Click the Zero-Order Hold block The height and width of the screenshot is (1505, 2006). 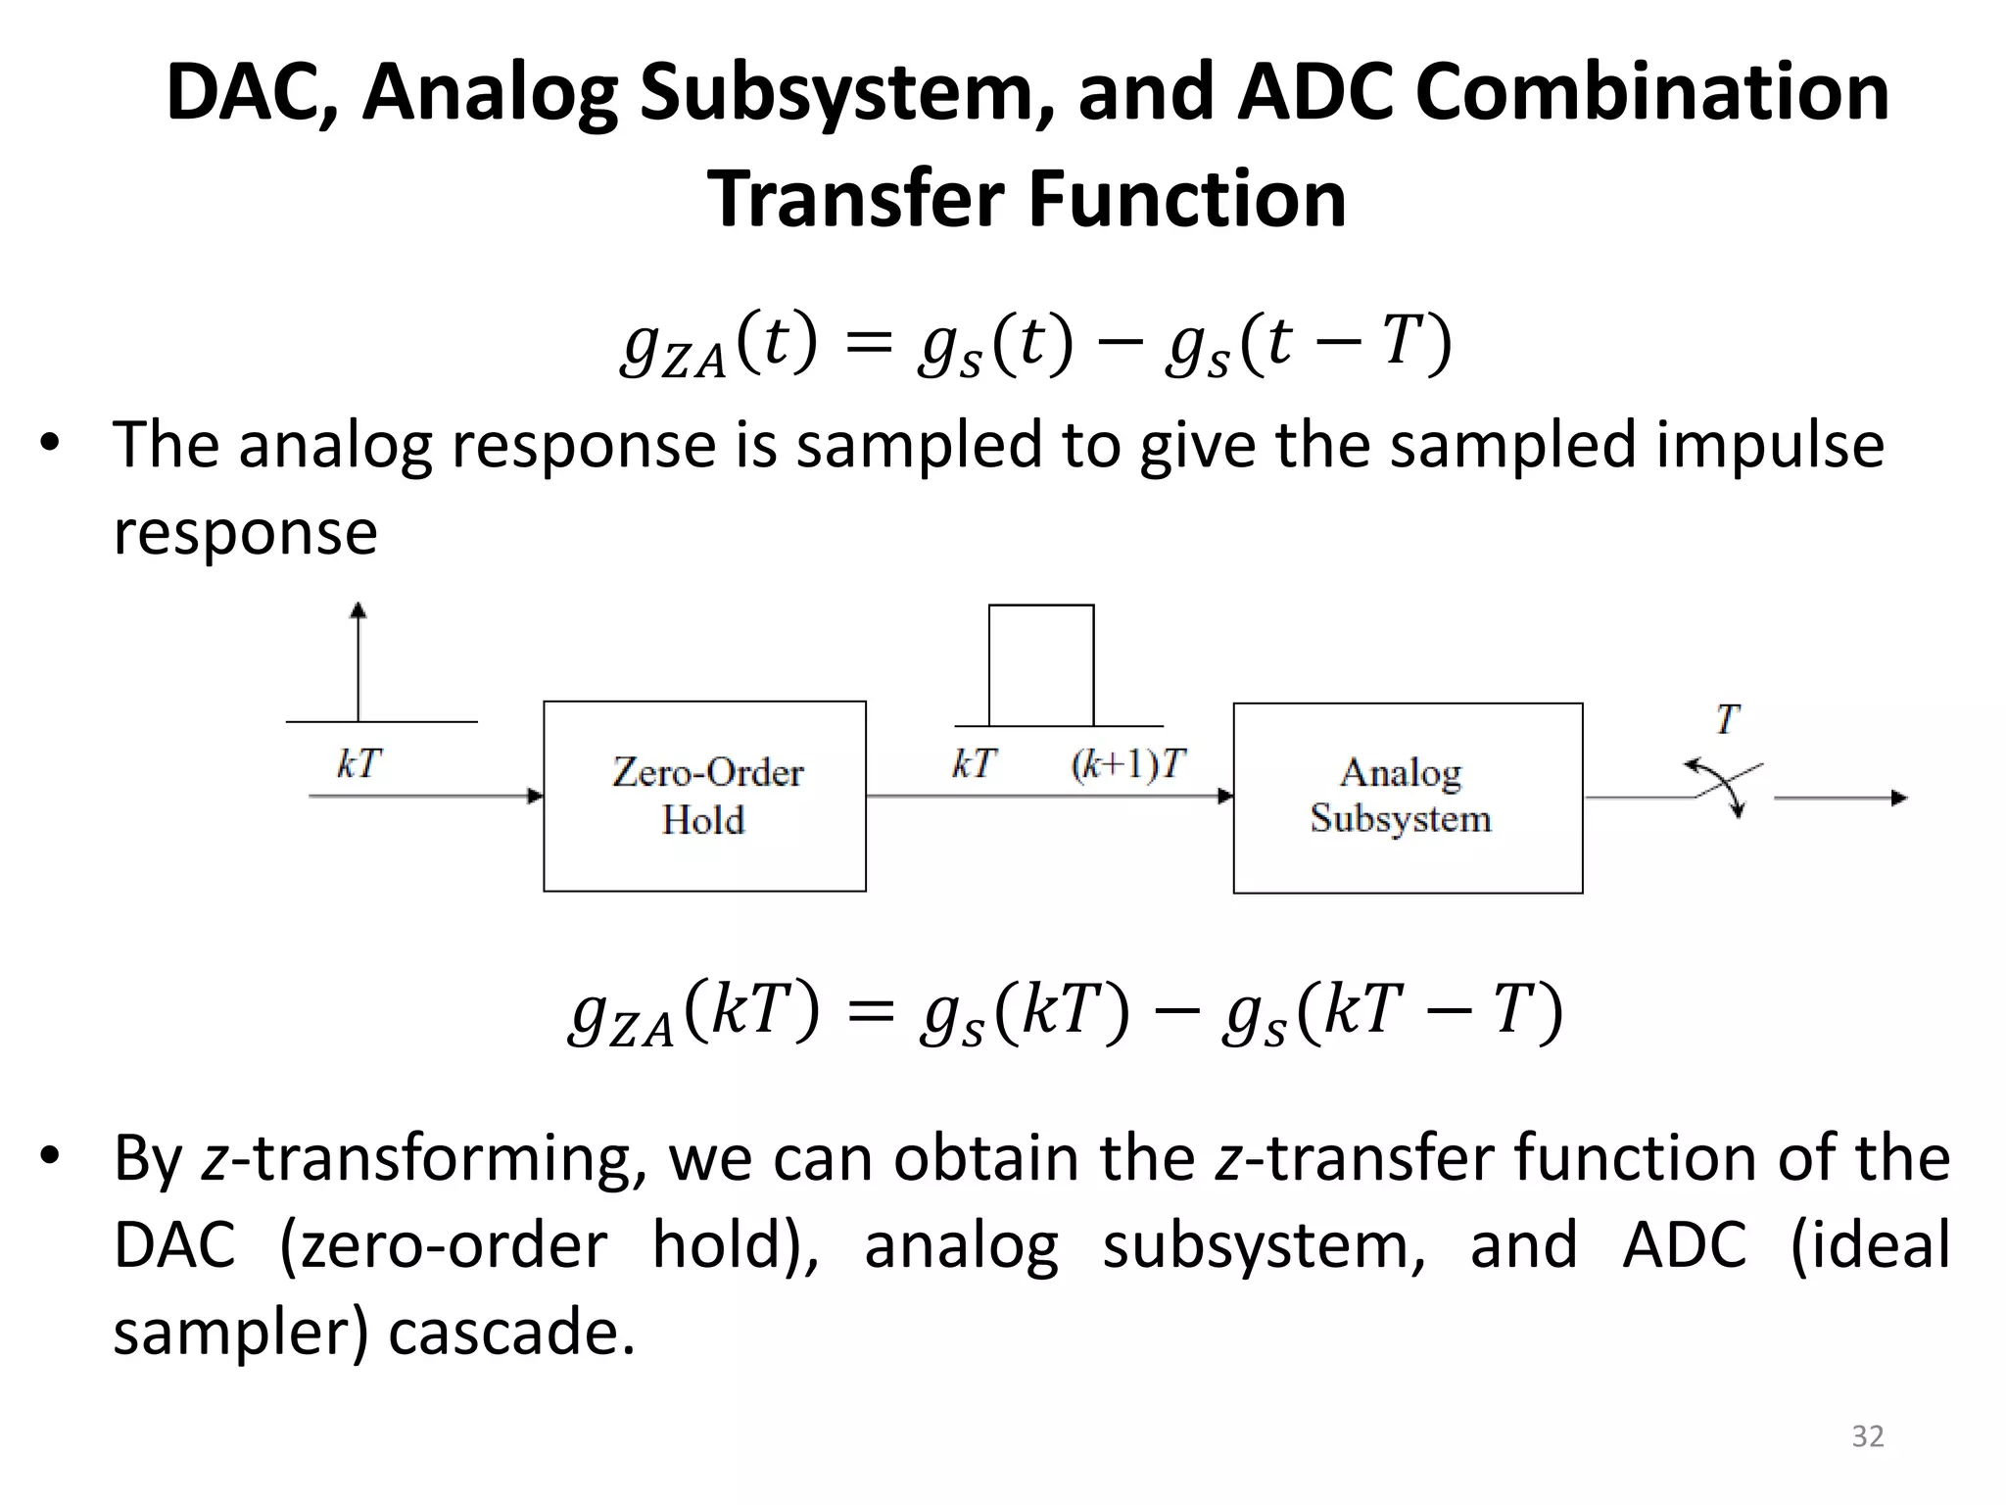tap(704, 796)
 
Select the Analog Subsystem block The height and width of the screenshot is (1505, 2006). tap(1407, 798)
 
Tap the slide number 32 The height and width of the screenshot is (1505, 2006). tap(1867, 1436)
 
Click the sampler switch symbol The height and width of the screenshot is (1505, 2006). tap(1725, 787)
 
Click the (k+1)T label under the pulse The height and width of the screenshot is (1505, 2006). tap(1127, 764)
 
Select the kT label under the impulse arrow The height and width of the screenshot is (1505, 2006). tap(358, 763)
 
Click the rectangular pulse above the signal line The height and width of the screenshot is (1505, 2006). tap(1040, 665)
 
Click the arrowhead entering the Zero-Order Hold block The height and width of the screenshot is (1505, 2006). tap(535, 796)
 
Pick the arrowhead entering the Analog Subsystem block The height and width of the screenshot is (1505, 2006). tap(1224, 796)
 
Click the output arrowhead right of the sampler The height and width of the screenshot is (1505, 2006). tap(1899, 798)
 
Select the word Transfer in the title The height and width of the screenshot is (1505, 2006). tap(856, 199)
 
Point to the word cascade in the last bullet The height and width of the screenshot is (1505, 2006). tap(511, 1333)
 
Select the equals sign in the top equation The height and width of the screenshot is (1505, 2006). tap(868, 342)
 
